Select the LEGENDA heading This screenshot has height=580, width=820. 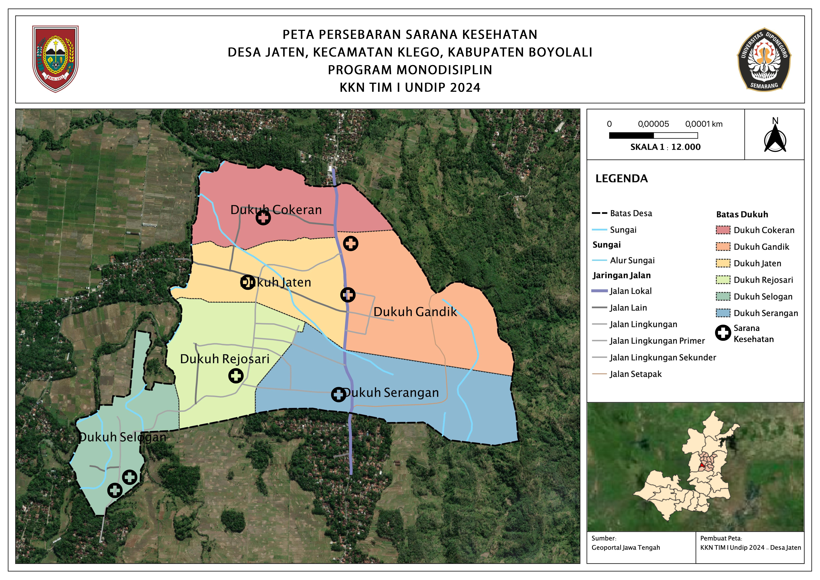coord(621,179)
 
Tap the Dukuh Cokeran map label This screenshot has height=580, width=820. coord(276,210)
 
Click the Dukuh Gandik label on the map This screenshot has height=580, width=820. coord(415,312)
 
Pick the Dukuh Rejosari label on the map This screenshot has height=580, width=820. coord(225,359)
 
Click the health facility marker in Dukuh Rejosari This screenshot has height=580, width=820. coord(236,376)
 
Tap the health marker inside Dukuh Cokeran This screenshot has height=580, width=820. coord(263,218)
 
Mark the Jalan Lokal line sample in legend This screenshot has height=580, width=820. coord(600,291)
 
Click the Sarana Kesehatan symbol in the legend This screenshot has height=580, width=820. coord(723,333)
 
